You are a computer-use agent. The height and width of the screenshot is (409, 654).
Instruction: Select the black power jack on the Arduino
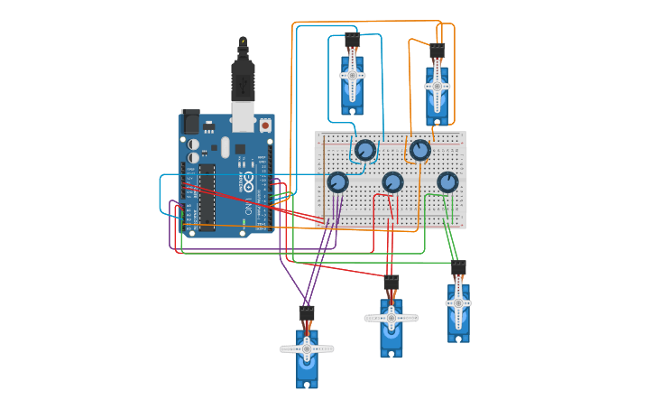190,121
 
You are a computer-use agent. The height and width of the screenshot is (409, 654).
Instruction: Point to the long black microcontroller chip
207,195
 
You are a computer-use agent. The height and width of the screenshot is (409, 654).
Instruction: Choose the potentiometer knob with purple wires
337,182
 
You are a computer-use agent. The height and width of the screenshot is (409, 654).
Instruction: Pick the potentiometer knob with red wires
392,182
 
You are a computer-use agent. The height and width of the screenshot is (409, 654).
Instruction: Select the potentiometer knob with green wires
447,182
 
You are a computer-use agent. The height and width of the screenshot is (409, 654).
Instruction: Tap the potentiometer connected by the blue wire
364,150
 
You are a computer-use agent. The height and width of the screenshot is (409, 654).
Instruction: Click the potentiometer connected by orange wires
419,150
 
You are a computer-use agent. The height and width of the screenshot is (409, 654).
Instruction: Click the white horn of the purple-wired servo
307,349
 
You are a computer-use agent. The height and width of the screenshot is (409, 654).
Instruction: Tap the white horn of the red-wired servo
391,318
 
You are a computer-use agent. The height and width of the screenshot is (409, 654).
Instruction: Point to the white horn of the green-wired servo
458,302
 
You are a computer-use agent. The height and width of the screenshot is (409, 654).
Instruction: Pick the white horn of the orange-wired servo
438,86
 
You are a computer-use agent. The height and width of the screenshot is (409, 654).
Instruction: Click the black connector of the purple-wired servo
307,312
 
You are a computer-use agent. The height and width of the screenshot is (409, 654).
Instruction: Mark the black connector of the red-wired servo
391,283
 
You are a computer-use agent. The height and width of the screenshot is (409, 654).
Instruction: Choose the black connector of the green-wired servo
458,267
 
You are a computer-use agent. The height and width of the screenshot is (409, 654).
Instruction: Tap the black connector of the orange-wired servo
438,51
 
